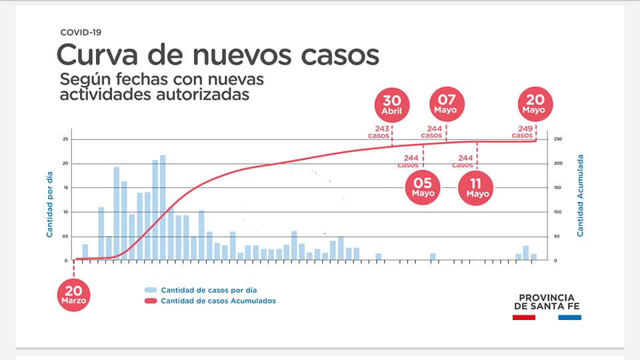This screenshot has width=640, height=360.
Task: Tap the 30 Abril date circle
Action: click(392, 105)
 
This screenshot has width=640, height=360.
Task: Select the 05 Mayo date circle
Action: click(423, 187)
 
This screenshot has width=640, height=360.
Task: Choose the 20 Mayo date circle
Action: click(535, 105)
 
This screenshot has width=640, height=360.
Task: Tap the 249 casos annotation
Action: click(522, 131)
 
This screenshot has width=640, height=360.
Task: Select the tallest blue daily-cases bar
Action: click(163, 207)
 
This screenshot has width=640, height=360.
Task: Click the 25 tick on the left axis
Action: click(65, 139)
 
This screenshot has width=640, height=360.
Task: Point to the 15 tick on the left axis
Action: click(65, 187)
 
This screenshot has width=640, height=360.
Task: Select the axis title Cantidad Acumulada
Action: click(580, 195)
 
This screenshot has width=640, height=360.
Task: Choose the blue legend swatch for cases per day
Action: click(151, 290)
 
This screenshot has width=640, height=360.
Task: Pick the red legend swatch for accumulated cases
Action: click(151, 301)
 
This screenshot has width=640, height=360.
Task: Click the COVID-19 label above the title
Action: click(81, 32)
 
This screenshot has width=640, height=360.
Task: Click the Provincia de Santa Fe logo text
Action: click(547, 302)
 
